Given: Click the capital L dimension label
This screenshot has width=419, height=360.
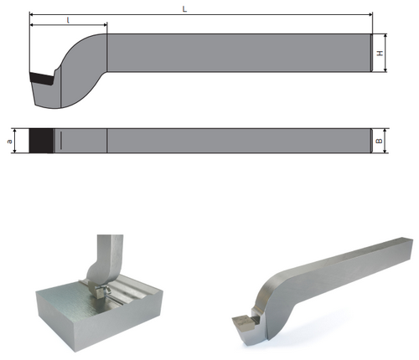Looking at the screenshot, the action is (184, 9).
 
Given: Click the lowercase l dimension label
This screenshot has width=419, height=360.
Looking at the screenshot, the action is (69, 20).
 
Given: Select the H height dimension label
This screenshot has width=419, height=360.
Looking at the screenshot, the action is (380, 53).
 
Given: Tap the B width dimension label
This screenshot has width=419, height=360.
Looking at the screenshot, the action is (380, 141).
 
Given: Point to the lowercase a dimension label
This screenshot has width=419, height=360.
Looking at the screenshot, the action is (10, 141).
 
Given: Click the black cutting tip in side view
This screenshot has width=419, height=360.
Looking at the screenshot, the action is (42, 78).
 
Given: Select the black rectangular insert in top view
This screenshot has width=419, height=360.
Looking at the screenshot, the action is (41, 141).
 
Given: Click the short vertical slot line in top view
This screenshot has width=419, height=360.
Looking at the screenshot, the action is (60, 141).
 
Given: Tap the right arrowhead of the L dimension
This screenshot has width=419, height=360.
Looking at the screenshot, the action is (370, 14).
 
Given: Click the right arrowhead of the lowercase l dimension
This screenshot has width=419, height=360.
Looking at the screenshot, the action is (105, 25).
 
